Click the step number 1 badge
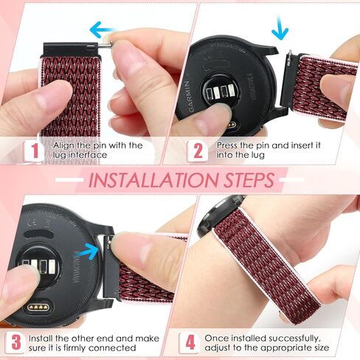[x=33, y=152]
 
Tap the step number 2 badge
[x=197, y=152]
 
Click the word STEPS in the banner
[x=245, y=180]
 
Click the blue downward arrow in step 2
[x=280, y=30]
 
